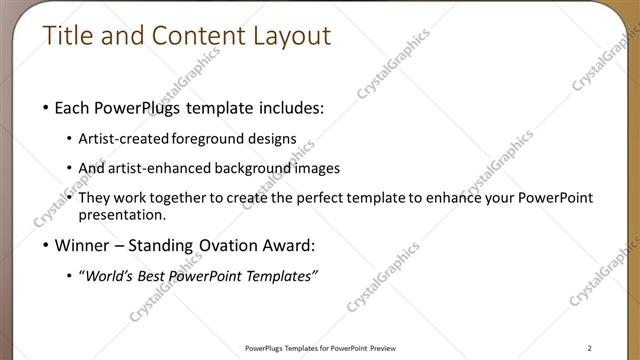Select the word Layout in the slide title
(x=291, y=36)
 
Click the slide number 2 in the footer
(x=590, y=348)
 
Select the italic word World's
(x=110, y=276)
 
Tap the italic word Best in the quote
(x=153, y=276)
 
